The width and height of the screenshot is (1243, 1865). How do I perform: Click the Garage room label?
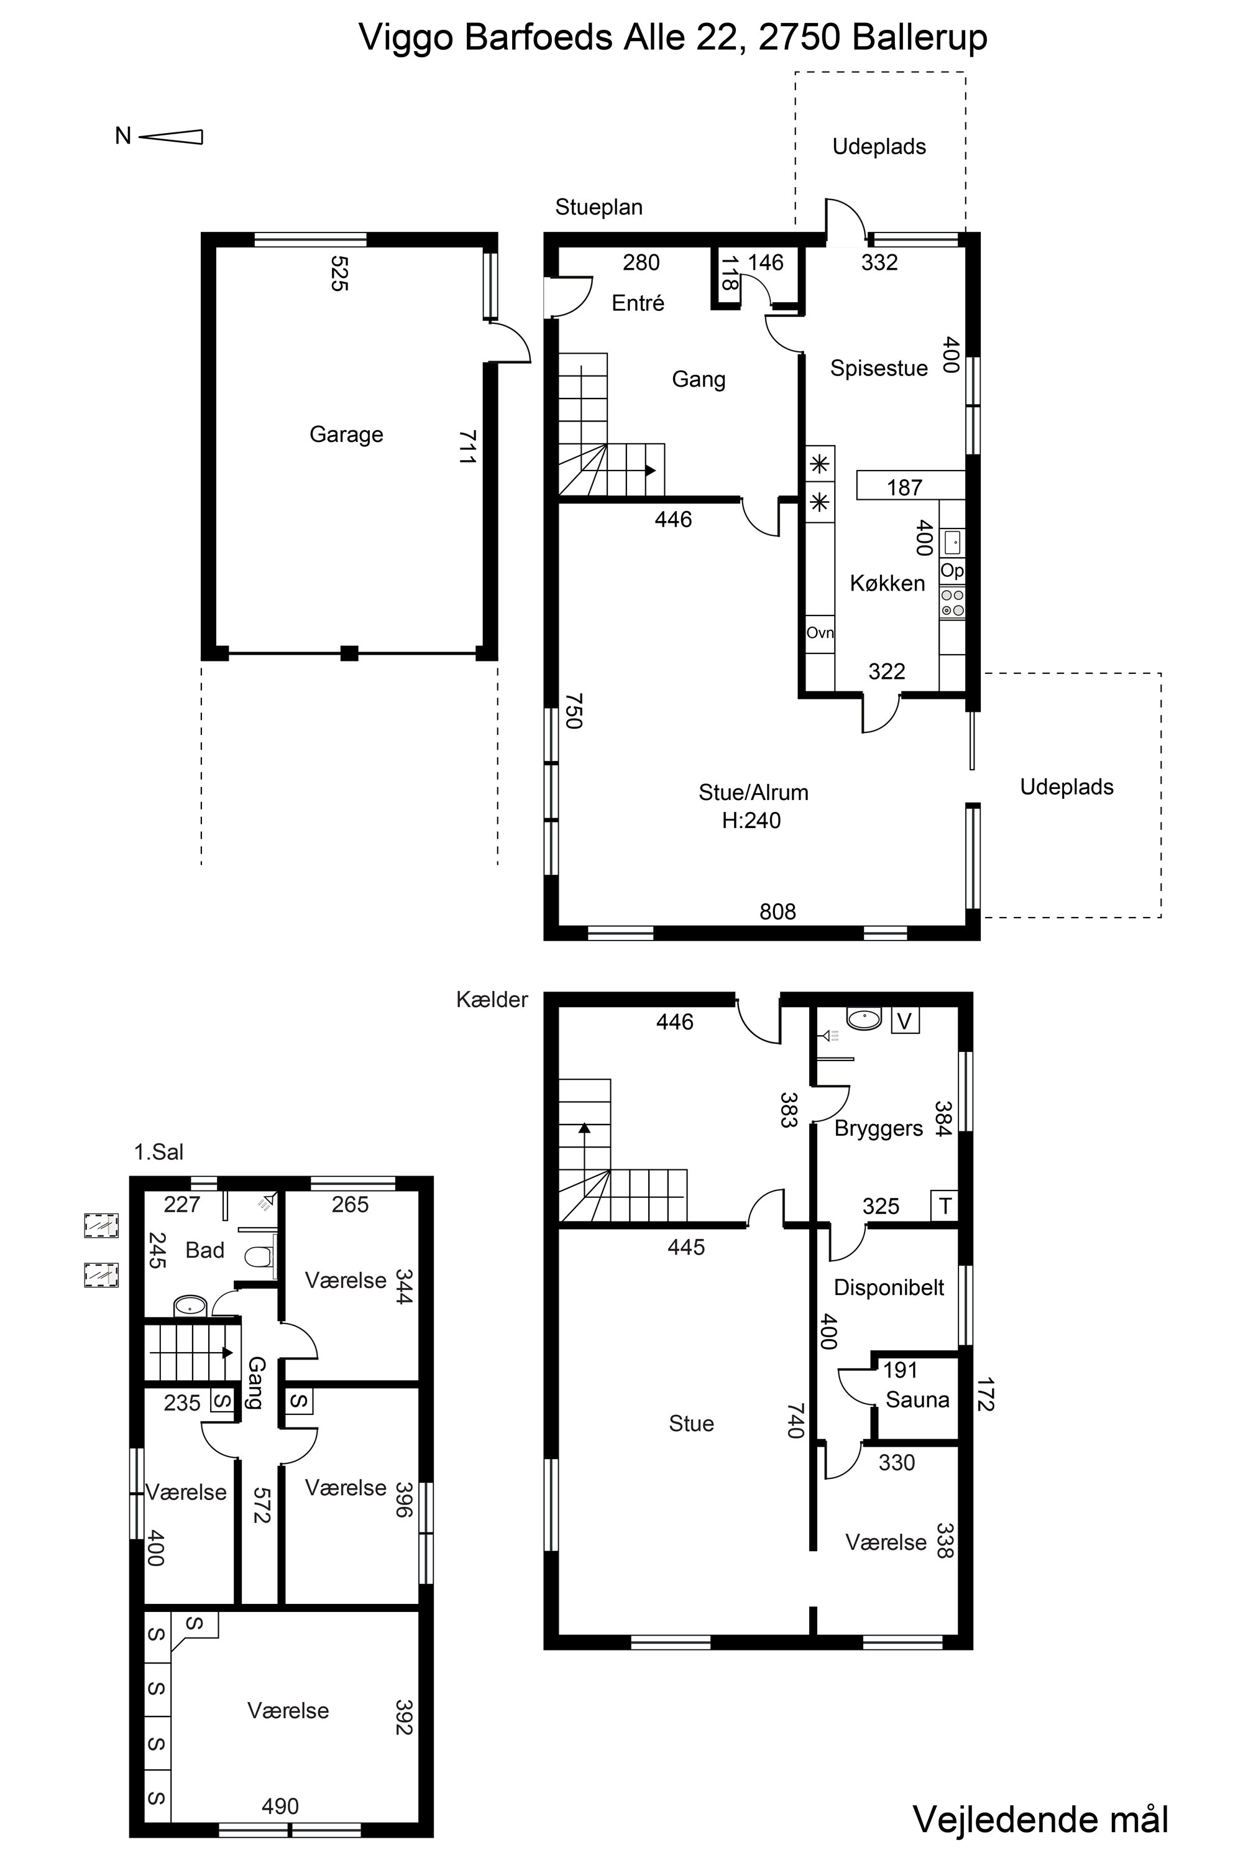tap(346, 435)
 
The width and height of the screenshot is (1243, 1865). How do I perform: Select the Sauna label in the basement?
tap(917, 1399)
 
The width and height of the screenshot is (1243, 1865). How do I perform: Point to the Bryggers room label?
tap(878, 1128)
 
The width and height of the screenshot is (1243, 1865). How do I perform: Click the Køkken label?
tap(887, 584)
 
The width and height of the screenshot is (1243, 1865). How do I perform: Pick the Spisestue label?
tap(878, 368)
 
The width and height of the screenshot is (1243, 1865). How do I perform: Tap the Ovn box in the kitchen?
tap(820, 633)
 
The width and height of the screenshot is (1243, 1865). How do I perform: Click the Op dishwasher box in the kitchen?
tap(952, 571)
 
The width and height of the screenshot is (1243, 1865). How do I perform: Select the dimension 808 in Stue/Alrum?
tap(777, 912)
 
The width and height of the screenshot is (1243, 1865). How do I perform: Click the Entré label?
tap(638, 303)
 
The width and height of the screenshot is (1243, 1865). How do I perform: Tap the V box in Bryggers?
tap(906, 1020)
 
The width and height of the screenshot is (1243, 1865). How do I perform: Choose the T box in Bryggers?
tap(944, 1207)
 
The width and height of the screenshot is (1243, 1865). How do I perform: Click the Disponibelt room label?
tap(889, 1287)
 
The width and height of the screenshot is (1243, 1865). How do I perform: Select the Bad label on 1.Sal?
tap(204, 1250)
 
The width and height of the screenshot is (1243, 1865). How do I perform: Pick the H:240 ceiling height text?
tap(751, 821)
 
